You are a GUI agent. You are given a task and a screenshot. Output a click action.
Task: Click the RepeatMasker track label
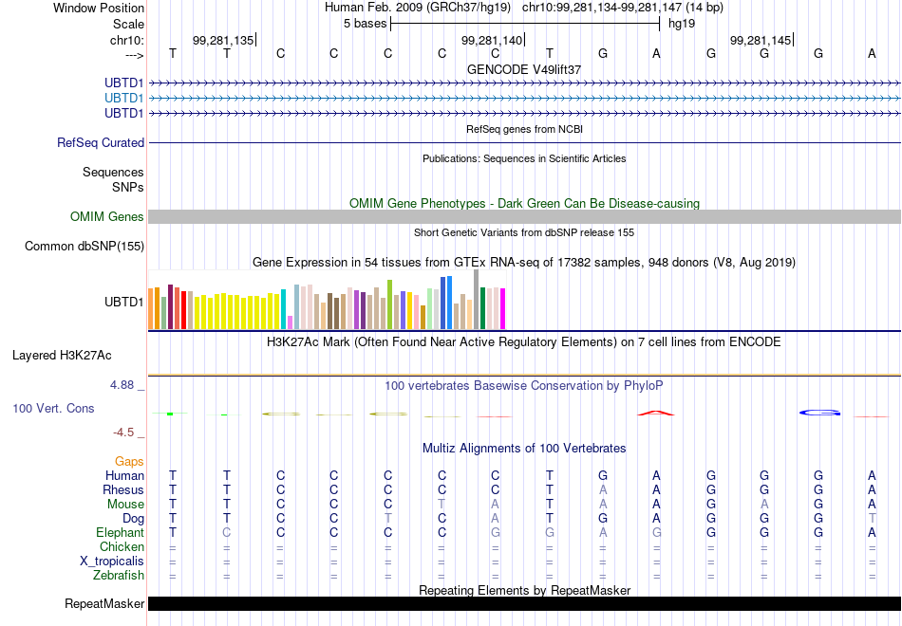pyautogui.click(x=104, y=603)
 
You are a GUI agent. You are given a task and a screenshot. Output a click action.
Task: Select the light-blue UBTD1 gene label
pyautogui.click(x=123, y=98)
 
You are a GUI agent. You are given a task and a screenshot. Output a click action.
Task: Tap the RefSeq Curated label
pyautogui.click(x=101, y=142)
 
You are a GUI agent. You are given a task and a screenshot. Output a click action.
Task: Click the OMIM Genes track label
pyautogui.click(x=107, y=216)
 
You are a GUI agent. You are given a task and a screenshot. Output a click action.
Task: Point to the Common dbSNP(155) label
pyautogui.click(x=85, y=246)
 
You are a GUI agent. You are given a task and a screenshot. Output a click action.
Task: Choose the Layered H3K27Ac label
pyautogui.click(x=62, y=356)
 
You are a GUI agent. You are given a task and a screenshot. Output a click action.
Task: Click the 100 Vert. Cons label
pyautogui.click(x=53, y=408)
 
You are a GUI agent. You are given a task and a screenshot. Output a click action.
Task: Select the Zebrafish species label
pyautogui.click(x=119, y=575)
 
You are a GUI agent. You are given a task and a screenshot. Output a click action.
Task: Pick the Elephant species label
pyautogui.click(x=121, y=532)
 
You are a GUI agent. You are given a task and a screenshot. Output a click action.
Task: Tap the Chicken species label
pyautogui.click(x=122, y=546)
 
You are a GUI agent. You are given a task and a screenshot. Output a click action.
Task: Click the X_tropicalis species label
pyautogui.click(x=112, y=562)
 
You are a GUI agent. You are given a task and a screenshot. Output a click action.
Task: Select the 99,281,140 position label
pyautogui.click(x=492, y=40)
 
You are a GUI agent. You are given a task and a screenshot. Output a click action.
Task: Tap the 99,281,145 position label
pyautogui.click(x=761, y=40)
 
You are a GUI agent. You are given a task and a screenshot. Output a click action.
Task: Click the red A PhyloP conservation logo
pyautogui.click(x=656, y=413)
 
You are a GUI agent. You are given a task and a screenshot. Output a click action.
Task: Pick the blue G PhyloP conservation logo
pyautogui.click(x=820, y=413)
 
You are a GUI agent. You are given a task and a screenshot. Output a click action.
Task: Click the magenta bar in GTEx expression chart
pyautogui.click(x=503, y=308)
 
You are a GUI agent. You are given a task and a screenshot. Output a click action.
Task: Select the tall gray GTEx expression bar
pyautogui.click(x=477, y=299)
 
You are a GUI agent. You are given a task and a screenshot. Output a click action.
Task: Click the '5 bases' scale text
pyautogui.click(x=366, y=24)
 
